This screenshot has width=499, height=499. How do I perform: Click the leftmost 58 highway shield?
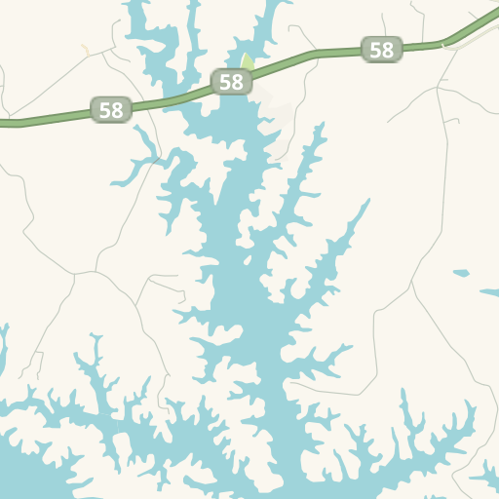[111, 109]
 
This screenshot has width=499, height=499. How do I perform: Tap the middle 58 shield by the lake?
[231, 82]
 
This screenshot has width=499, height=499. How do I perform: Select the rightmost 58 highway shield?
[382, 50]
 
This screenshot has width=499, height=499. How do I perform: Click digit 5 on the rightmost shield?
[376, 50]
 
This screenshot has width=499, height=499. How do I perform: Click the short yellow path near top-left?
[85, 49]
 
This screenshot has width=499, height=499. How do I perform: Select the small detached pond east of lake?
[461, 273]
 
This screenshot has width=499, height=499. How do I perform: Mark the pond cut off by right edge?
[490, 291]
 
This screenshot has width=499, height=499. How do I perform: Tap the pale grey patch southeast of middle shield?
[278, 122]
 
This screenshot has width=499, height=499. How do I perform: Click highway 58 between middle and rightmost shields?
[312, 56]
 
